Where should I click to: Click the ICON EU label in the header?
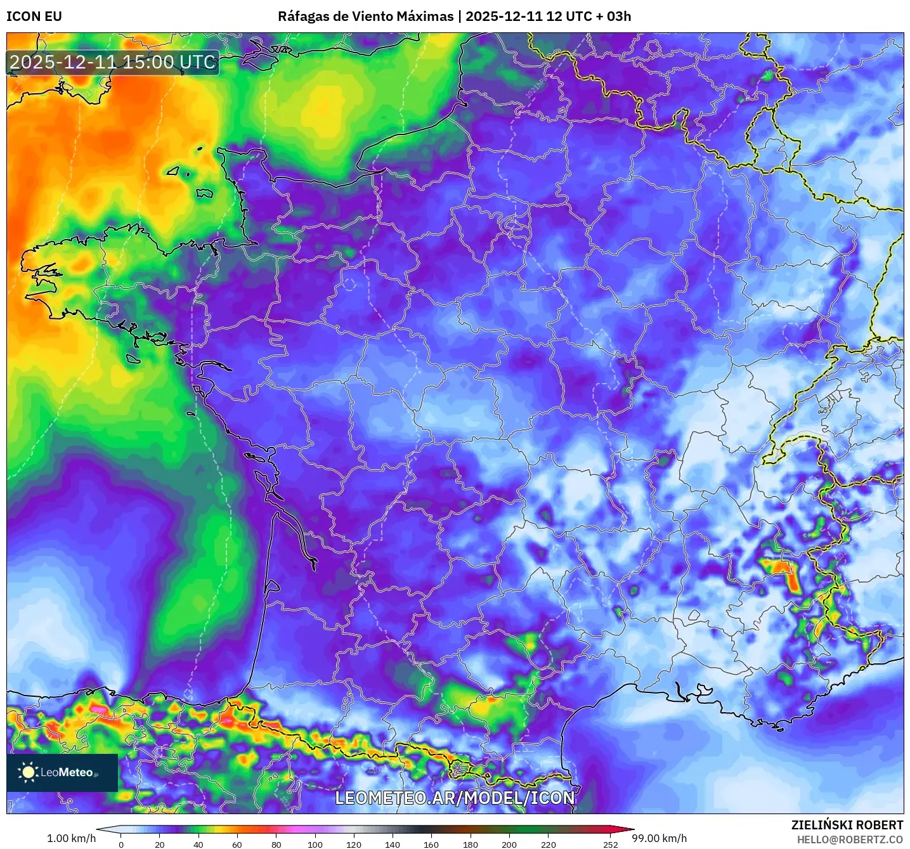34,16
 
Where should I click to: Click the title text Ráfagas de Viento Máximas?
366,16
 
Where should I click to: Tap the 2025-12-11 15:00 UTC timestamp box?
113,62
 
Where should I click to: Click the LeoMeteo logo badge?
62,772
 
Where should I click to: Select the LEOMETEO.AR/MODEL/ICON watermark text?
455,798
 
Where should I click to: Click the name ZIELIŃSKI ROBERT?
847,825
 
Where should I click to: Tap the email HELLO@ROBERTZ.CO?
850,839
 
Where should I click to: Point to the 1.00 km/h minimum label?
71,838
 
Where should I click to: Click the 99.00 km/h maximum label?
659,838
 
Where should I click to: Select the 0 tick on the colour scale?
121,844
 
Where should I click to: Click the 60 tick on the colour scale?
237,844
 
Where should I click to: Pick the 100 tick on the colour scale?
315,844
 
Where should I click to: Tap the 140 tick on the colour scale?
393,844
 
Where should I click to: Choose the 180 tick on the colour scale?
471,844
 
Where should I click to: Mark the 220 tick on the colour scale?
549,844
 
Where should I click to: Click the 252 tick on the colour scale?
611,844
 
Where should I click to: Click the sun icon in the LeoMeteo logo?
28,772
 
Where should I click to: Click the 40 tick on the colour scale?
198,844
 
